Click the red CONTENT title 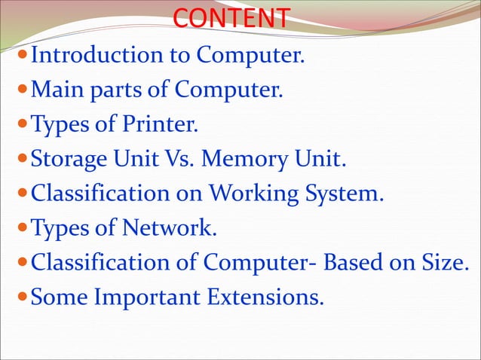pyautogui.click(x=231, y=18)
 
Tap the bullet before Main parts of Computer pyautogui.click(x=23, y=90)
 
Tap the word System pyautogui.click(x=344, y=194)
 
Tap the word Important pyautogui.click(x=146, y=297)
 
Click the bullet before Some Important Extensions pyautogui.click(x=23, y=297)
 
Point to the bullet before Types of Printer pyautogui.click(x=23, y=125)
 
